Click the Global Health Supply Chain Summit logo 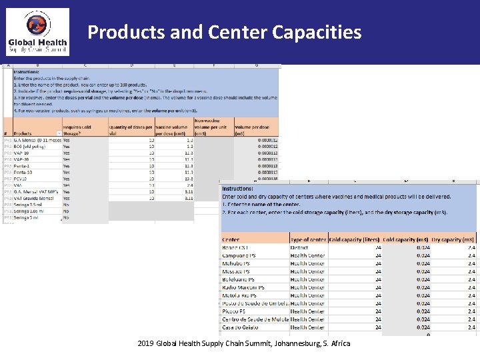pyautogui.click(x=37, y=32)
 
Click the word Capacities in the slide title pyautogui.click(x=312, y=32)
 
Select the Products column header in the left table pyautogui.click(x=23, y=133)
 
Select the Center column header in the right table pyautogui.click(x=231, y=239)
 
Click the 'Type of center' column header pyautogui.click(x=308, y=239)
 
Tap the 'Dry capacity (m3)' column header pyautogui.click(x=453, y=239)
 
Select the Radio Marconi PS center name pyautogui.click(x=243, y=287)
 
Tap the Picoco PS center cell pyautogui.click(x=233, y=311)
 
